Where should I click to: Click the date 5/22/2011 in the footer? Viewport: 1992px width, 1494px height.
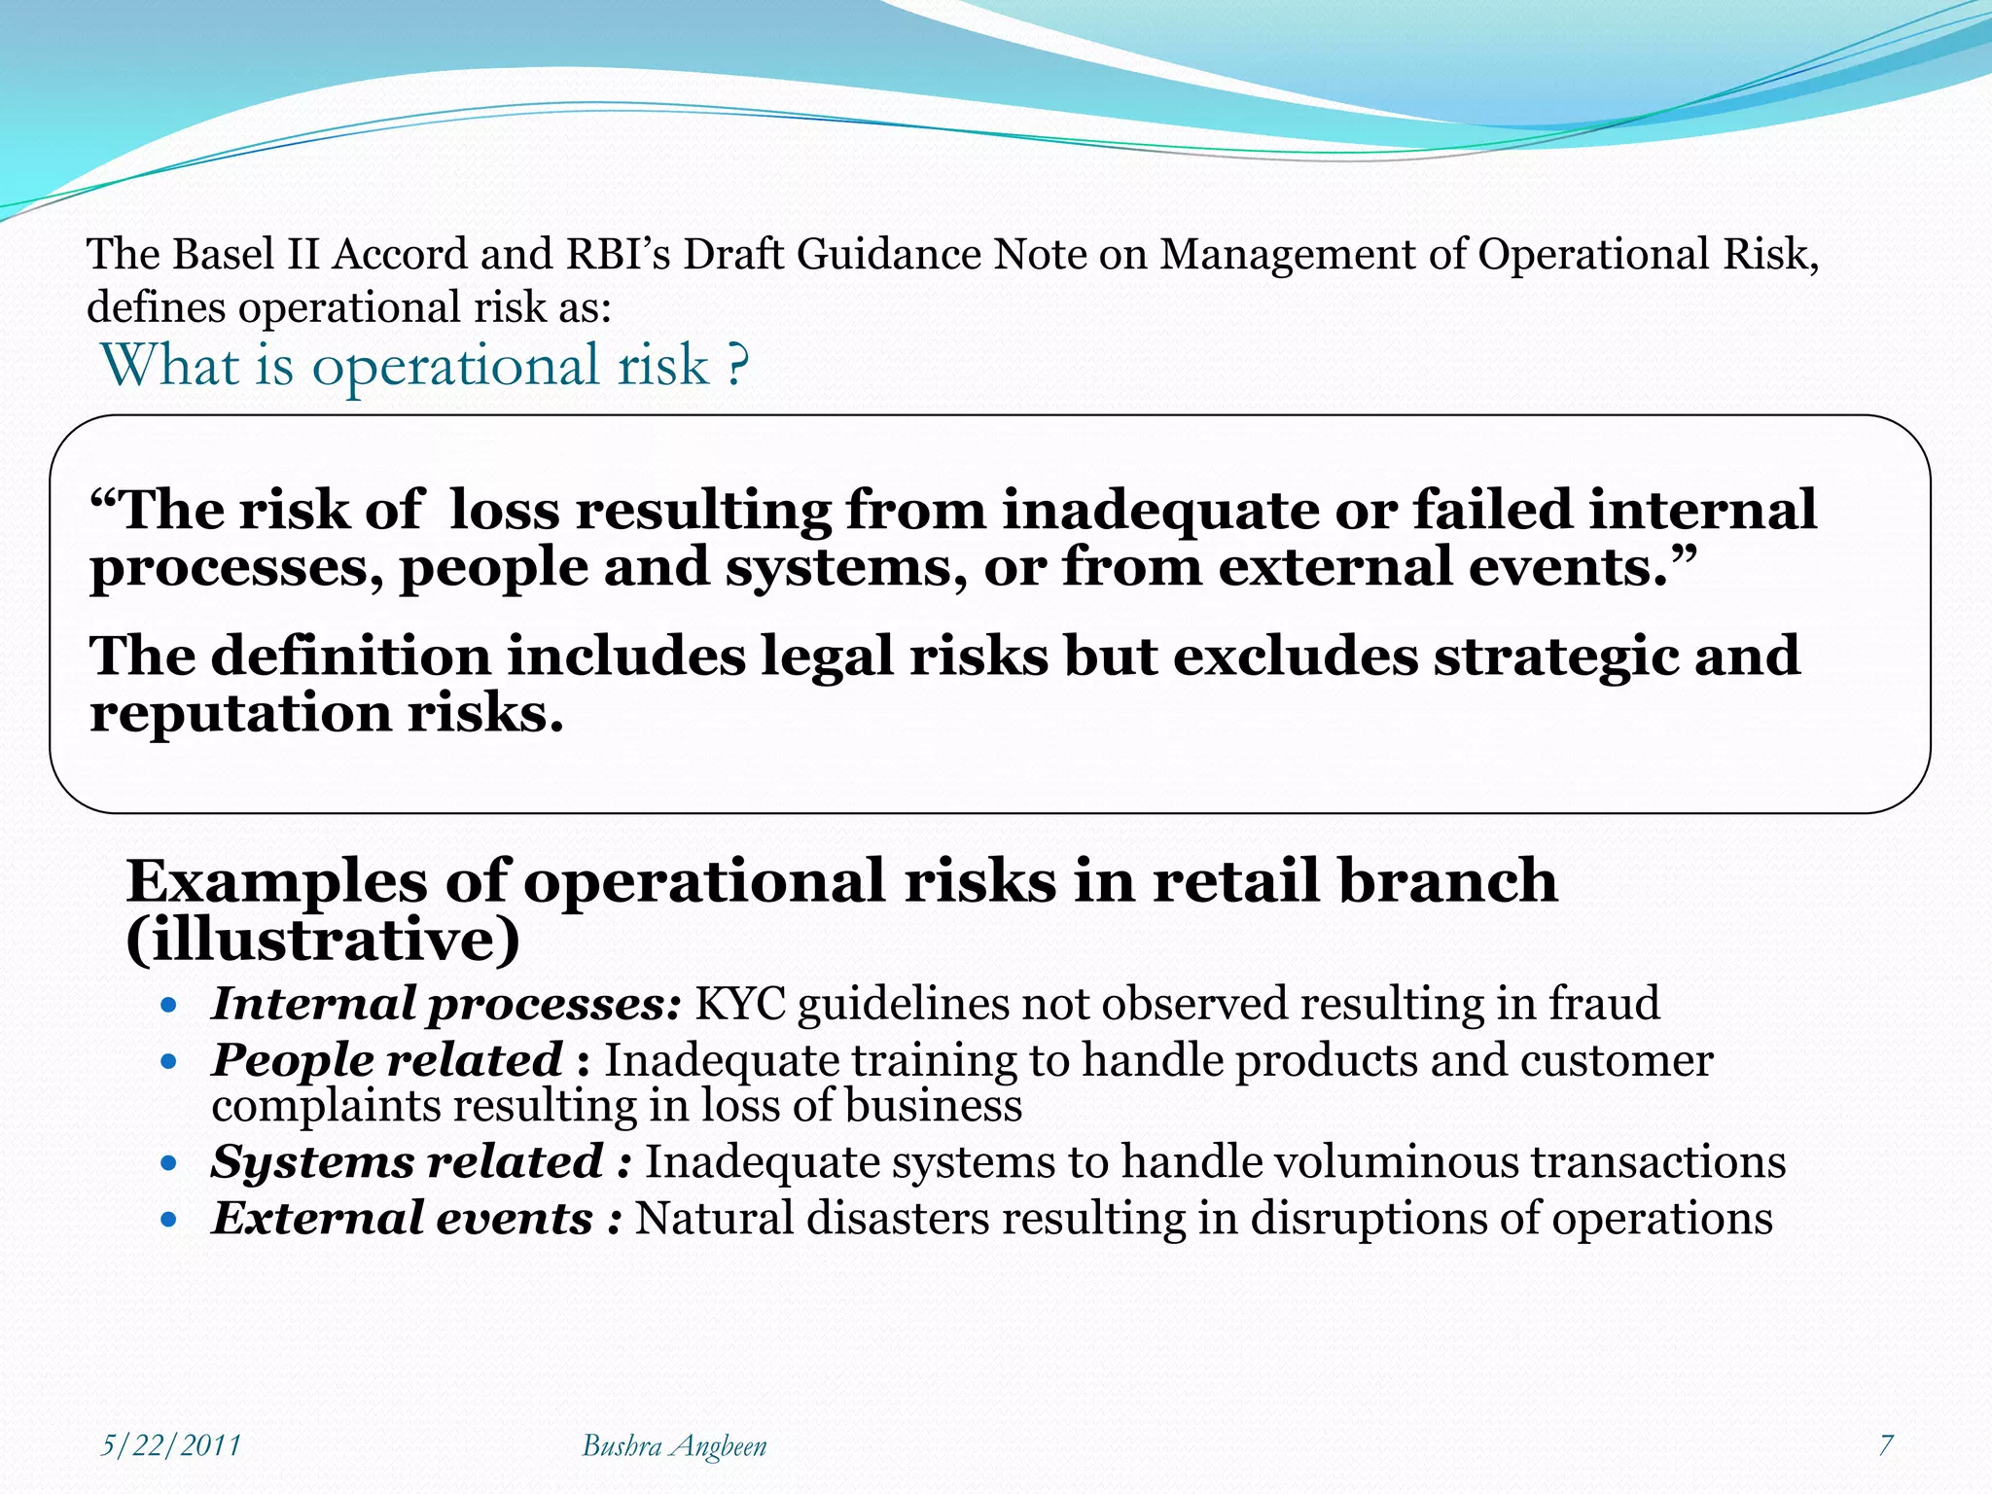pyautogui.click(x=171, y=1445)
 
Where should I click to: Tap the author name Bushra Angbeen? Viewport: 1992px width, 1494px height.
pyautogui.click(x=674, y=1445)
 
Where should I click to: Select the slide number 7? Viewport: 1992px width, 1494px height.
pyautogui.click(x=1886, y=1445)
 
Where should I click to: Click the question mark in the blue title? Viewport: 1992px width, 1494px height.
pyautogui.click(x=737, y=367)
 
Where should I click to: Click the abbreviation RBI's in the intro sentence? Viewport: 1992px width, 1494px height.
pyautogui.click(x=619, y=255)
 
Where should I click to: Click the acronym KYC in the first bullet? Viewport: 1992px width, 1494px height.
pyautogui.click(x=739, y=1004)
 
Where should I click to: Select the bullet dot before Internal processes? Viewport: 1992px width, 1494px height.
pyautogui.click(x=169, y=1006)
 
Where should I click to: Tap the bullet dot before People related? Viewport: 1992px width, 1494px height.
pyautogui.click(x=169, y=1062)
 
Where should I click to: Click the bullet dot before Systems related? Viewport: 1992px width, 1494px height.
pyautogui.click(x=169, y=1163)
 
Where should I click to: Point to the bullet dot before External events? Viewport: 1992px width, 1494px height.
pyautogui.click(x=169, y=1220)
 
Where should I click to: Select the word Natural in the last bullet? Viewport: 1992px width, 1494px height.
pyautogui.click(x=714, y=1219)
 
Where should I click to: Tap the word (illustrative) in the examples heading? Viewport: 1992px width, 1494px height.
pyautogui.click(x=323, y=940)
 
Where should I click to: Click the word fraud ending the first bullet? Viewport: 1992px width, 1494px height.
pyautogui.click(x=1604, y=1004)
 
